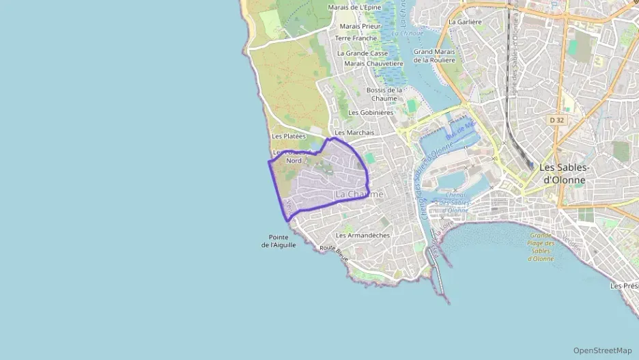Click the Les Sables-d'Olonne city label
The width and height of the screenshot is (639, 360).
[x=564, y=173]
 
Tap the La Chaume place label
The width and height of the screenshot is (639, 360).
[x=359, y=195]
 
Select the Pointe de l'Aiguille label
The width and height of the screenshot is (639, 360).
[x=279, y=241]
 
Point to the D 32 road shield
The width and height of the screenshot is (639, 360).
[x=557, y=120]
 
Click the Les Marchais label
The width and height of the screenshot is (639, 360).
[x=354, y=133]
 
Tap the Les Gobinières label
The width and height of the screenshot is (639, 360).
[x=371, y=113]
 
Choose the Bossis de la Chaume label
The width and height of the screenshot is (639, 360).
[x=384, y=94]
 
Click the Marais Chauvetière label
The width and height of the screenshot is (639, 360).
[x=373, y=64]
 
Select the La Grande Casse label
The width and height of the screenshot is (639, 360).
[x=362, y=53]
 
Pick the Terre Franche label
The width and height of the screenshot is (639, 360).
[x=356, y=38]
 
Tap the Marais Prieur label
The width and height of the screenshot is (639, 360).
[x=360, y=26]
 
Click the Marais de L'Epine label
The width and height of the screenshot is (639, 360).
[x=354, y=8]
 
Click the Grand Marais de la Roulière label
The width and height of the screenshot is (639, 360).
[x=434, y=55]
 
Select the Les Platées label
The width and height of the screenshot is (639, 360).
[x=288, y=137]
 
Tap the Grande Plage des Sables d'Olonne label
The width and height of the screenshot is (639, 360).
[x=543, y=247]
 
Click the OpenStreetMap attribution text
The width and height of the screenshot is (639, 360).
[x=602, y=350]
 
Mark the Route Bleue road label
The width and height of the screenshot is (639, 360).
[x=334, y=253]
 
